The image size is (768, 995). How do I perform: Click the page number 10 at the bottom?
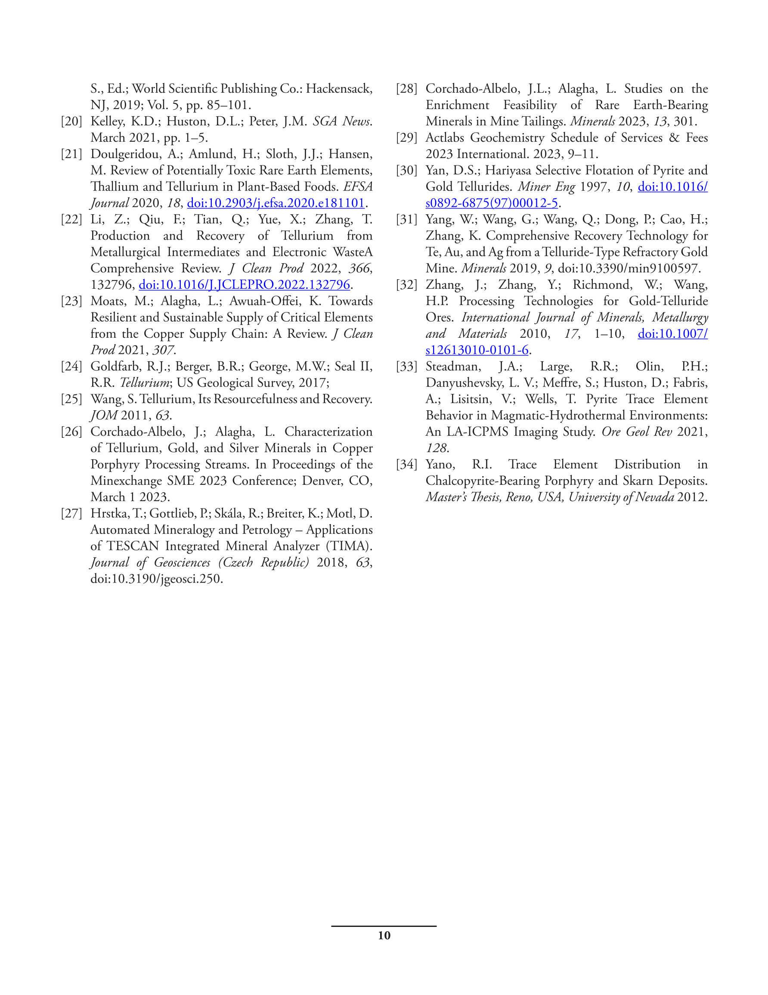(384, 936)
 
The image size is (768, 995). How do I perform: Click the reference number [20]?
(71, 121)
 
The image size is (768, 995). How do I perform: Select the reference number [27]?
(71, 514)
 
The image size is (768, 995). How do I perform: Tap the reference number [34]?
(406, 464)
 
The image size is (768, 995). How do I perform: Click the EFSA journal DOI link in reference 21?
(276, 203)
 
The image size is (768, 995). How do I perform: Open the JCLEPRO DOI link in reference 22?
(244, 285)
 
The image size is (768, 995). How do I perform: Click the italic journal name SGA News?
(341, 121)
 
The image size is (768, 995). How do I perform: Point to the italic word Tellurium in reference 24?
(144, 383)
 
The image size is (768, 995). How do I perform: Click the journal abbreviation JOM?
(104, 415)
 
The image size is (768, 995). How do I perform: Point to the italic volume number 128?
(436, 448)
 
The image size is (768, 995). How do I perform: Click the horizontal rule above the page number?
(384, 926)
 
